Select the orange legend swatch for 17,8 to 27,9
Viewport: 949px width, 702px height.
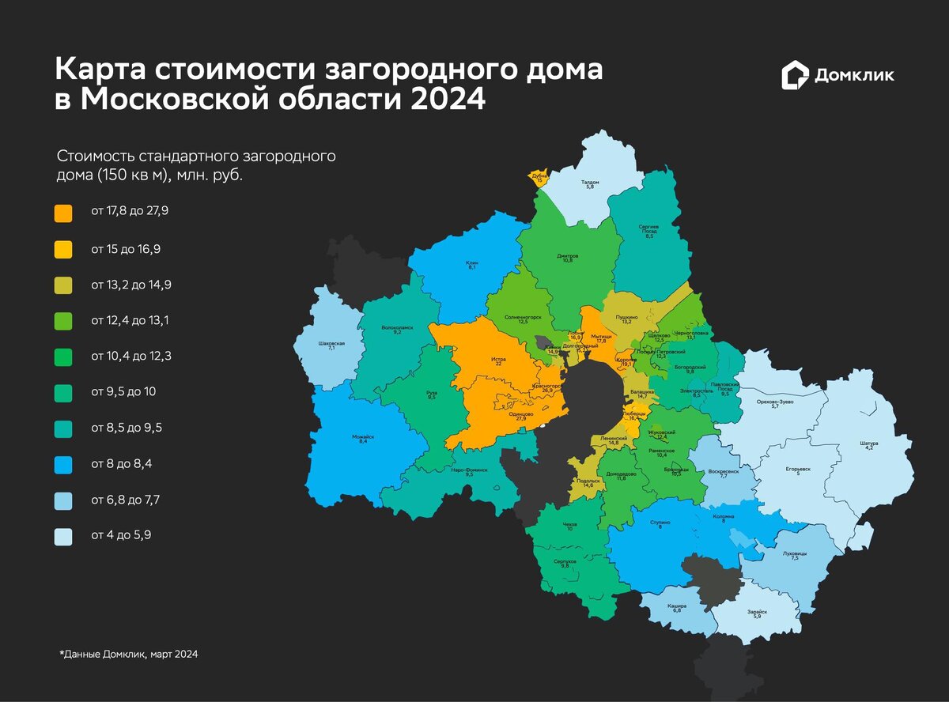pos(63,213)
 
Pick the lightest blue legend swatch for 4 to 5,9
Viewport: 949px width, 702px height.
pos(63,537)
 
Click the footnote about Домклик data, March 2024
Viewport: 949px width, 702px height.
pos(128,655)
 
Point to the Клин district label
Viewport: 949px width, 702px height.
pos(471,265)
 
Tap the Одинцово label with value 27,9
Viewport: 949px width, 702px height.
pos(520,415)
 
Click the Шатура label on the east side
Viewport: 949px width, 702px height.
pos(869,445)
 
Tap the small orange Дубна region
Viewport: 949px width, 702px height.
pos(539,178)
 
